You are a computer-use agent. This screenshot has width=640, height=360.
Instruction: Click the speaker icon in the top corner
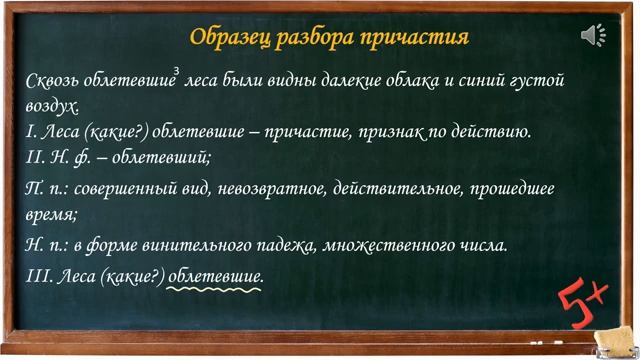[593, 36]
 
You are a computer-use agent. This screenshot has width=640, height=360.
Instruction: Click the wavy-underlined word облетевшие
[215, 275]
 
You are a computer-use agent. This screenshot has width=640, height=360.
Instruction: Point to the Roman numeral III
[39, 275]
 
